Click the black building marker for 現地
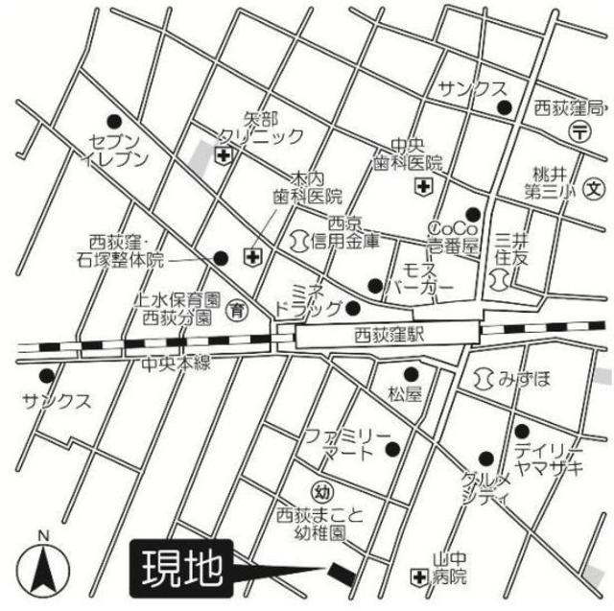[342, 573]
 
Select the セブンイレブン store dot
[115, 122]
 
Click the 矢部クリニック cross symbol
[223, 154]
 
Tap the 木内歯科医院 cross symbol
[252, 256]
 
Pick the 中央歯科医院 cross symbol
[423, 187]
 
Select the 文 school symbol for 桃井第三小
[593, 188]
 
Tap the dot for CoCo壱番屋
[472, 214]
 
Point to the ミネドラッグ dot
[352, 308]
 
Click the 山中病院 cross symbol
[417, 576]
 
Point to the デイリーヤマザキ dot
[521, 431]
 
